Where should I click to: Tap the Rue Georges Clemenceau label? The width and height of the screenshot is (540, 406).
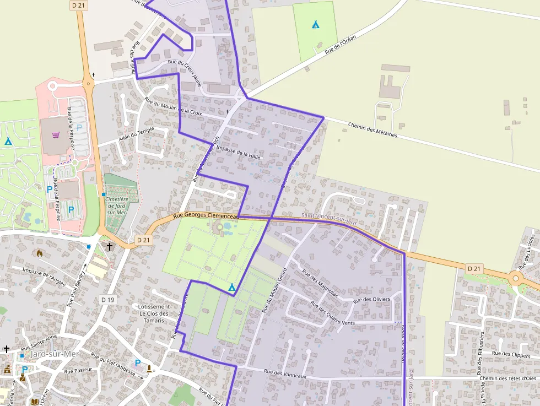[x=206, y=216]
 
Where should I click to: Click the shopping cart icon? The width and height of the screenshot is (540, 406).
[x=56, y=134]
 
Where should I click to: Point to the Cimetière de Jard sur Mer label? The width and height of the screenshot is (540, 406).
[x=116, y=205]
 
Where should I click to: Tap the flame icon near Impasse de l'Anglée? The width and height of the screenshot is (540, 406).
[x=39, y=253]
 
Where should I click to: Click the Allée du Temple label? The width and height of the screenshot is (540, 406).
[x=137, y=134]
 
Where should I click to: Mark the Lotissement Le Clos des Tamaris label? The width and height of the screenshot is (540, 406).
[x=154, y=313]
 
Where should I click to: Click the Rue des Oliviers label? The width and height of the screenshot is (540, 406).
[x=371, y=300]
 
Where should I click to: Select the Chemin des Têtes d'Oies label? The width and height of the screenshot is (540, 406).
[x=507, y=378]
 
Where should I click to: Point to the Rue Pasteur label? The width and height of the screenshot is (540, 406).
[x=77, y=371]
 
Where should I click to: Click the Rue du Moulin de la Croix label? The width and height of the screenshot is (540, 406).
[x=173, y=106]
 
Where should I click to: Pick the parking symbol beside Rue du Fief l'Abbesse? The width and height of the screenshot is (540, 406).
[x=138, y=363]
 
